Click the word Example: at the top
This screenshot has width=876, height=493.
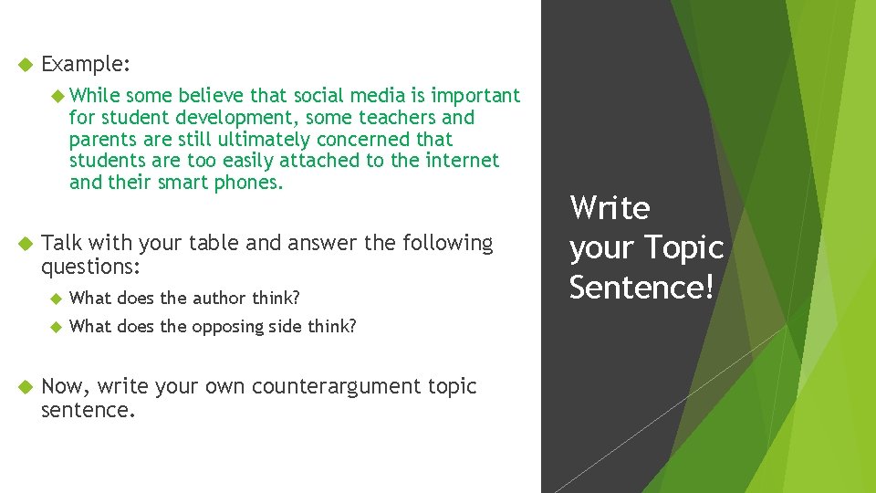click(x=87, y=65)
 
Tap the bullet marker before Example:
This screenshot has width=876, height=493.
click(x=26, y=65)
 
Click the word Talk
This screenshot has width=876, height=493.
click(x=62, y=243)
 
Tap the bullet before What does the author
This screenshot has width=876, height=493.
click(x=54, y=299)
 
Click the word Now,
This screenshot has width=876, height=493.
click(x=66, y=386)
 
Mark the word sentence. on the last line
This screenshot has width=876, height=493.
click(x=89, y=410)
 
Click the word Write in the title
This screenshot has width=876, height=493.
click(x=610, y=208)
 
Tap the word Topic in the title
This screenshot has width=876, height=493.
click(x=683, y=247)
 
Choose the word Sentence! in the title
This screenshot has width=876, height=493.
click(x=641, y=287)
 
